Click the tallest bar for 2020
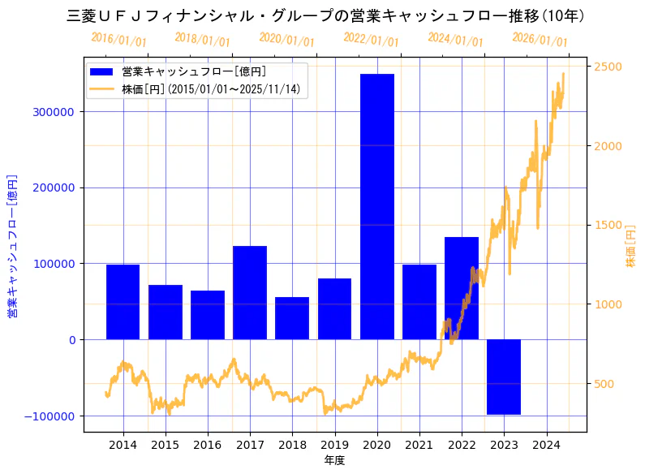point(377,206)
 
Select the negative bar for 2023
point(504,377)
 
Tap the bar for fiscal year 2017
point(250,292)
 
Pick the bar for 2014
point(123,302)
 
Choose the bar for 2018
point(292,318)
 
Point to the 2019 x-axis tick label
point(334,445)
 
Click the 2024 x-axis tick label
point(546,445)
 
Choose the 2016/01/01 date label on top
point(119,39)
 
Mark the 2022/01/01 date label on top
point(372,39)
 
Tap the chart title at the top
point(325,15)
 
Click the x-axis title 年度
point(334,460)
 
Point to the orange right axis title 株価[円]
point(631,246)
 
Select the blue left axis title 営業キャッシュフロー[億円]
point(13,246)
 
